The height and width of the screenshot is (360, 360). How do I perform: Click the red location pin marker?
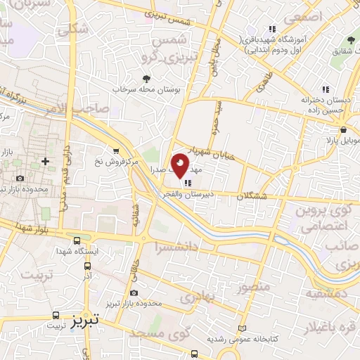179,166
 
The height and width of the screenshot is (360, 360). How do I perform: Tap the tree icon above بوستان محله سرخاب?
146,79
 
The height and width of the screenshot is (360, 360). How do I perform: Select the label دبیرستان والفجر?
193,193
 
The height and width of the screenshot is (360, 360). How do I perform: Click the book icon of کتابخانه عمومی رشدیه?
243,329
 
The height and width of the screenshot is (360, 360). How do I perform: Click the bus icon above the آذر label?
87,266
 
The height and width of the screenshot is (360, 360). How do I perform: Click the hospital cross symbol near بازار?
46,161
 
